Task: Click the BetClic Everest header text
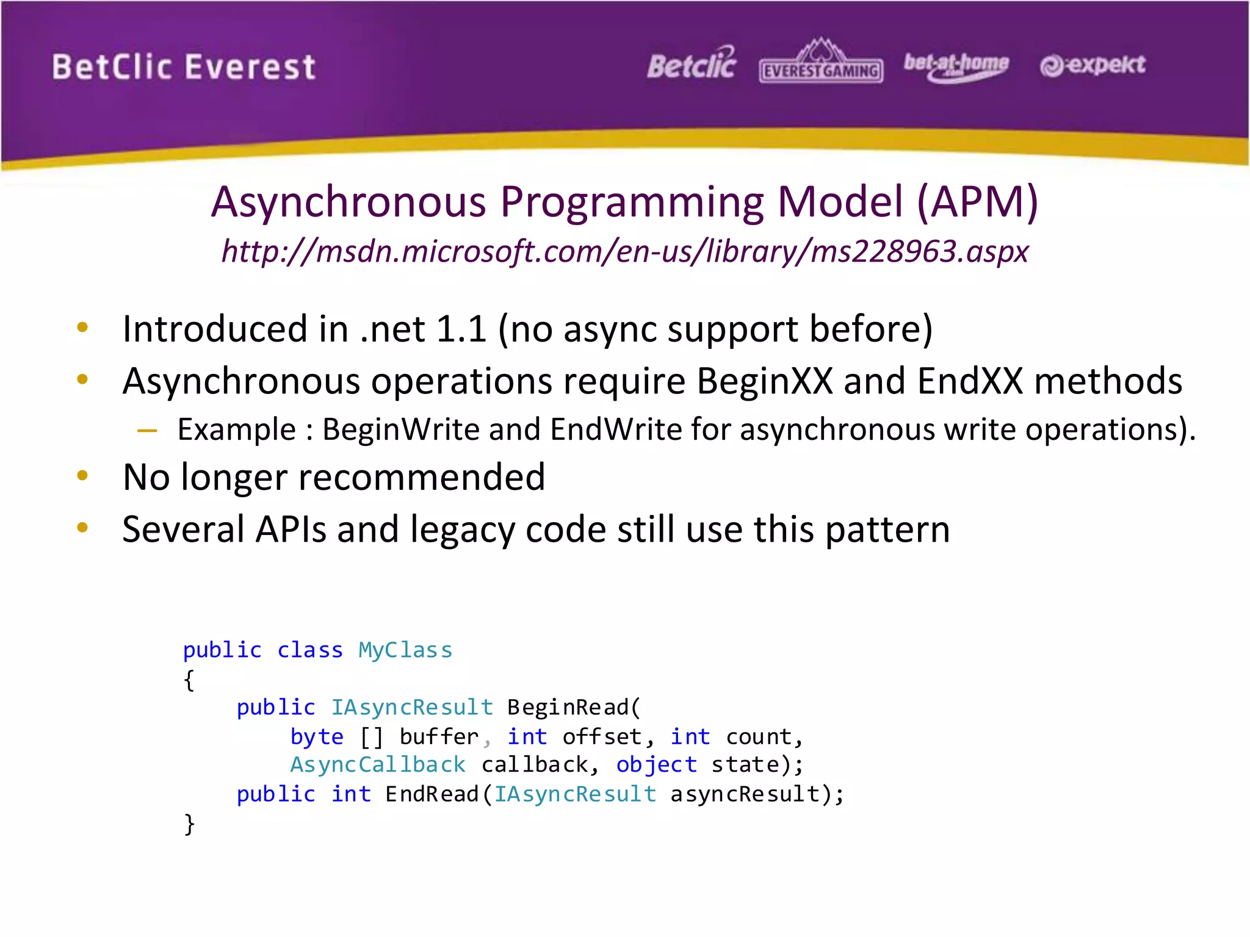[183, 67]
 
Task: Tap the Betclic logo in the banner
[692, 65]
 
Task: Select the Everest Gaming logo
[821, 63]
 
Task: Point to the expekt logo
[1093, 65]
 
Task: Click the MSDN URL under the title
[625, 251]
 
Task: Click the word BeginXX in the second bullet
[765, 381]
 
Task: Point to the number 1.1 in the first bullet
[461, 329]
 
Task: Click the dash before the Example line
[147, 431]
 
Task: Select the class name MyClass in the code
[405, 650]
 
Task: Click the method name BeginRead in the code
[568, 708]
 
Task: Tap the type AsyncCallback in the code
[378, 765]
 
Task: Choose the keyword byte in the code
[317, 737]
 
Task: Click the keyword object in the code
[656, 765]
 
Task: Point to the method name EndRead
[432, 794]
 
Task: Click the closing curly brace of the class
[189, 824]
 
